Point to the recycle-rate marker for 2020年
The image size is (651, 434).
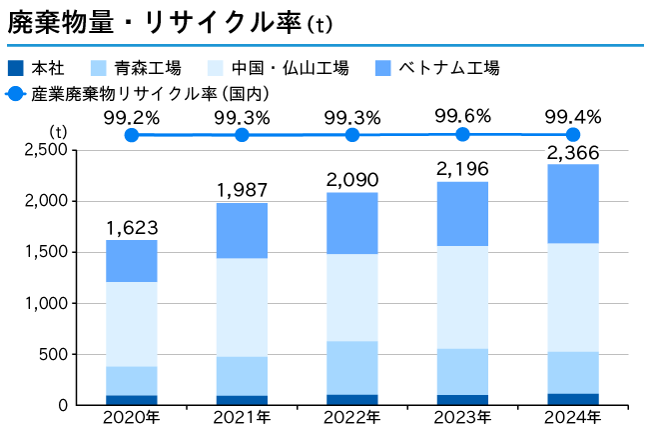pyautogui.click(x=131, y=134)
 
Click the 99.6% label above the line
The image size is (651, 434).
pyautogui.click(x=462, y=116)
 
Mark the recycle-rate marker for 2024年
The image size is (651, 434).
pyautogui.click(x=572, y=134)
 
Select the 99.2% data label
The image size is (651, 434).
pyautogui.click(x=131, y=118)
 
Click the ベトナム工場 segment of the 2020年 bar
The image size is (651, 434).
pyautogui.click(x=132, y=261)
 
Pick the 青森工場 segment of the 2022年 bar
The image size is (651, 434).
pyautogui.click(x=351, y=368)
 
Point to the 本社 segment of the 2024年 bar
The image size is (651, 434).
pyautogui.click(x=572, y=399)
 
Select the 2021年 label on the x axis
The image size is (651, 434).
pyautogui.click(x=242, y=418)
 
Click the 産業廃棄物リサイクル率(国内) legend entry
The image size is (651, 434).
pyautogui.click(x=150, y=94)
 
